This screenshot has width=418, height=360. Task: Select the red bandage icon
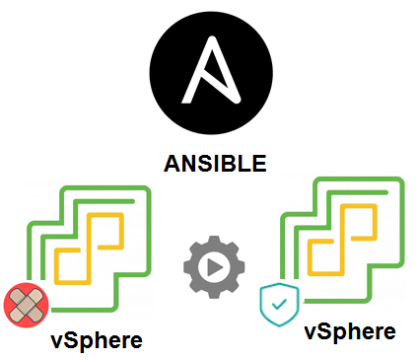pos(27,305)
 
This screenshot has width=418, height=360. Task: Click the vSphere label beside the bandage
pos(97,340)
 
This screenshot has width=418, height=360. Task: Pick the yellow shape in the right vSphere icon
pos(345,237)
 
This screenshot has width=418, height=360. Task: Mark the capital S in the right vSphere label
pos(326,330)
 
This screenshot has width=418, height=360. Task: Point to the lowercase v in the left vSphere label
pos(58,341)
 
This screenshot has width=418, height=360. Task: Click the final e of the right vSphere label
pos(388,332)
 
